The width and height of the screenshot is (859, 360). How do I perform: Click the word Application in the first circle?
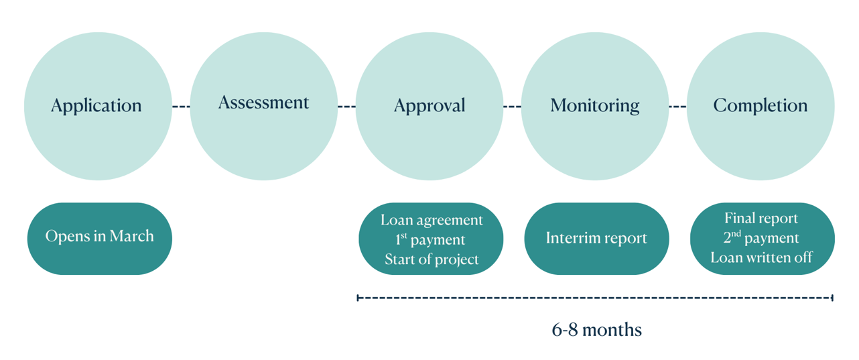coord(96,106)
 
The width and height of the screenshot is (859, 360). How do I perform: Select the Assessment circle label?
coord(263,103)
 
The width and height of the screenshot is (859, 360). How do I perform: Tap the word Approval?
coord(429,106)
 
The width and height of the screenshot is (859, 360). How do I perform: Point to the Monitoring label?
coord(595,106)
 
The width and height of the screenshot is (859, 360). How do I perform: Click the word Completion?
coord(761,106)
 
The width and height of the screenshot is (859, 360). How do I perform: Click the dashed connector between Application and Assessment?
coord(181,107)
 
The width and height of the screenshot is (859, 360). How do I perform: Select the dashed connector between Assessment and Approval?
coord(346,107)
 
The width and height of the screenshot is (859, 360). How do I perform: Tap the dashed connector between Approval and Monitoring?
coord(512,107)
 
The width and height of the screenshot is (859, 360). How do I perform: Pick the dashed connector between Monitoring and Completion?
coord(677,107)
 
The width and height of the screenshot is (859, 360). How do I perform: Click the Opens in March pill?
coord(99,237)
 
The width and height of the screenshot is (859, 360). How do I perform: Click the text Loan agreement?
coord(432,220)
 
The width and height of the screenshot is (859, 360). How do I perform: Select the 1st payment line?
coord(430,239)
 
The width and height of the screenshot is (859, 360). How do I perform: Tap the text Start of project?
coord(432,259)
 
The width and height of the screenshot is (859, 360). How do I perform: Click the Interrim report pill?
coord(596,238)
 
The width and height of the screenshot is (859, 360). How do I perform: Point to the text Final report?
coord(761,219)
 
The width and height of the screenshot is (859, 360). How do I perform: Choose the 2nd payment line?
coord(761,238)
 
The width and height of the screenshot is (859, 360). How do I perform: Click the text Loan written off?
coord(761,257)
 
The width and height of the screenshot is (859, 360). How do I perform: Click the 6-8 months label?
coord(596,330)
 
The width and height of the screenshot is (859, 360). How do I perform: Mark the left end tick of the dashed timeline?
coord(358,297)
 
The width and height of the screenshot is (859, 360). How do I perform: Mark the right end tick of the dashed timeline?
coord(832,297)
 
